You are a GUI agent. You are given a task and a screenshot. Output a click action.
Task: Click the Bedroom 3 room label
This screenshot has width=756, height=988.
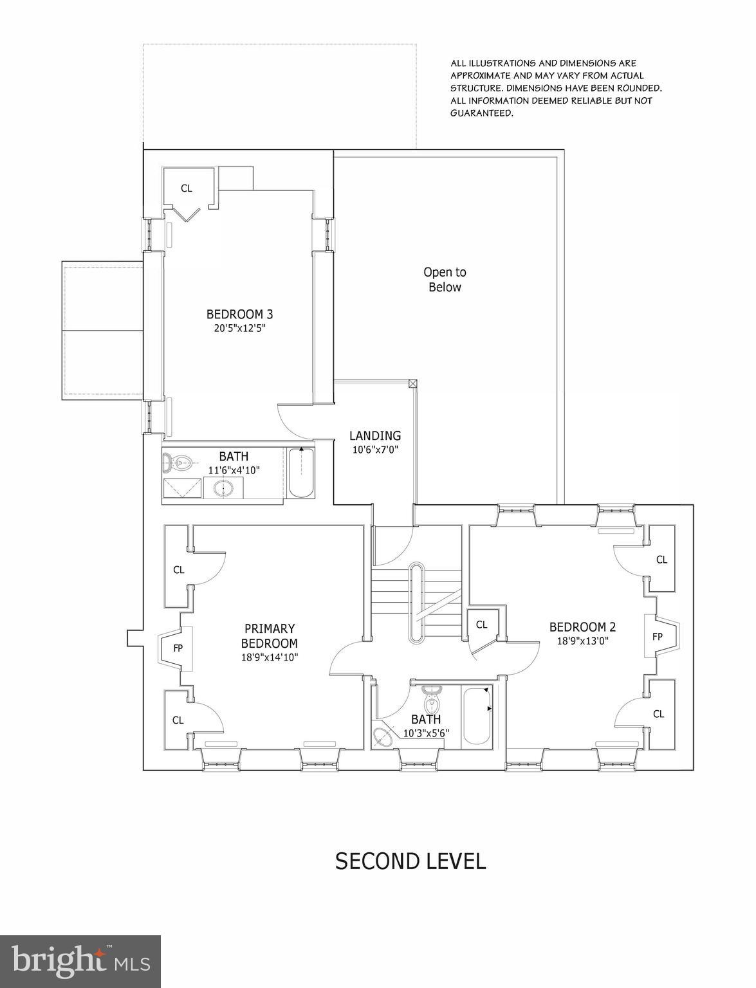(x=239, y=315)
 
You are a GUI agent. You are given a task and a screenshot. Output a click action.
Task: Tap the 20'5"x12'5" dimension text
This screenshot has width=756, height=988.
(x=239, y=327)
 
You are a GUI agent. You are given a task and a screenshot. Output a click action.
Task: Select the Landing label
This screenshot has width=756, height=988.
(x=375, y=436)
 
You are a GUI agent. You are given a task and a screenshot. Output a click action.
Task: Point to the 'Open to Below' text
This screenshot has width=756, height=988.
(x=445, y=280)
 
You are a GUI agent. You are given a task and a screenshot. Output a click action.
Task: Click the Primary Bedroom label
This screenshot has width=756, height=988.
(x=269, y=636)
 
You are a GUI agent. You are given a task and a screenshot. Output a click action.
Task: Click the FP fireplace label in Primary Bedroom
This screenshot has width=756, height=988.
(x=178, y=648)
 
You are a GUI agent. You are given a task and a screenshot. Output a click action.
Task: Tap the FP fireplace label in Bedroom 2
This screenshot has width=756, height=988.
(x=657, y=637)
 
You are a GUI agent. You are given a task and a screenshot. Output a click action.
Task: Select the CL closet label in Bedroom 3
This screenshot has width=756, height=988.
(x=186, y=188)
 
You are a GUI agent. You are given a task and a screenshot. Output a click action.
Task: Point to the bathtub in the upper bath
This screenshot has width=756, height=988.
(x=300, y=473)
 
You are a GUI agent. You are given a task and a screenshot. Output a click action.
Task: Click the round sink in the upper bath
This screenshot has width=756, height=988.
(x=225, y=489)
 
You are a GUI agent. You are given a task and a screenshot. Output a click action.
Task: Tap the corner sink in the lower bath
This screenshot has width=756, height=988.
(x=383, y=737)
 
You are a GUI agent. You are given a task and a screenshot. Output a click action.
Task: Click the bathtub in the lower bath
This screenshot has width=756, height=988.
(x=476, y=718)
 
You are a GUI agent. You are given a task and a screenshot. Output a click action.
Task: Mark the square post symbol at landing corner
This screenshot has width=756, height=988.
(x=412, y=384)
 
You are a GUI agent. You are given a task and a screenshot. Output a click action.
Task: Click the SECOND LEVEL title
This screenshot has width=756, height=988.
(x=410, y=861)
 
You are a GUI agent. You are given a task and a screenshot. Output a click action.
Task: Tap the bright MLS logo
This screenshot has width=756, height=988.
(x=80, y=961)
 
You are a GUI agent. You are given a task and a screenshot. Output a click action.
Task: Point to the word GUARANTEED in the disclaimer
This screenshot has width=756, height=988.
(x=481, y=113)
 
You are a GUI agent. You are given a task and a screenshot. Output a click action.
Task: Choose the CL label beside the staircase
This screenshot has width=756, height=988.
(x=481, y=625)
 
